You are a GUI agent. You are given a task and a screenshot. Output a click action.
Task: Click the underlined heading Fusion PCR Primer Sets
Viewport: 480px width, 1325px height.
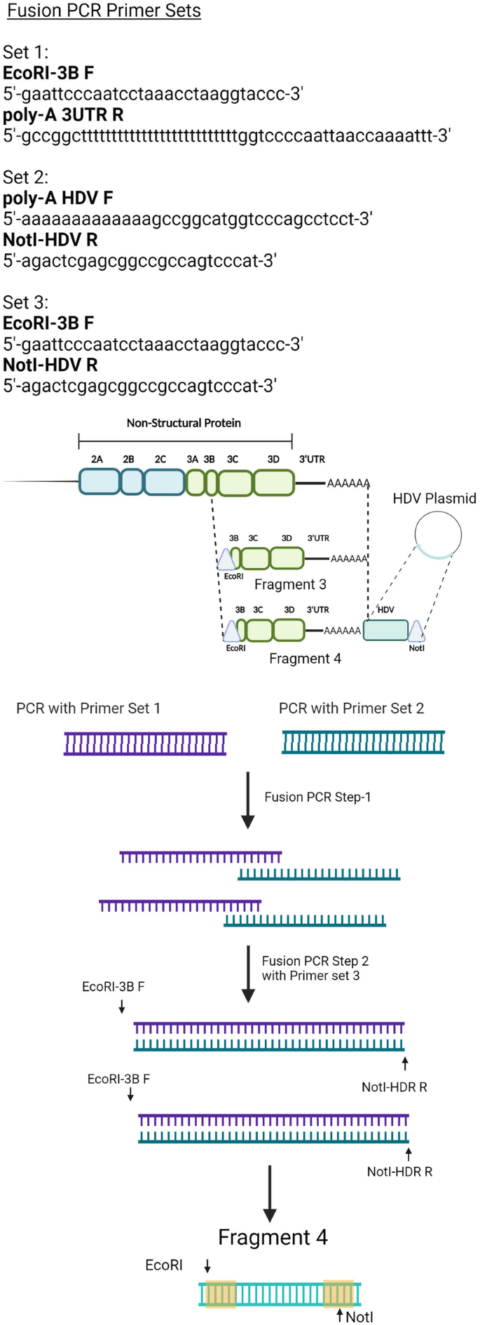(104, 11)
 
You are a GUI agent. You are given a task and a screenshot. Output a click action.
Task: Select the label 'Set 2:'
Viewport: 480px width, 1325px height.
(25, 177)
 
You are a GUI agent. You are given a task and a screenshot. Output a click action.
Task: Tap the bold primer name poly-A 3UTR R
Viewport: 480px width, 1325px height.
(63, 115)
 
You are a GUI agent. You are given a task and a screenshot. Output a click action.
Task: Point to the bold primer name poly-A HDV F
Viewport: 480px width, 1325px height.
(57, 199)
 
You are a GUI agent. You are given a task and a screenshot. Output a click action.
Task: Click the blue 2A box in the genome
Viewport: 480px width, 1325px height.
(99, 482)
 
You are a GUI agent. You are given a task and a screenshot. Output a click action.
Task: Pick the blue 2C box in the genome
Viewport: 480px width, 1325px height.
(165, 482)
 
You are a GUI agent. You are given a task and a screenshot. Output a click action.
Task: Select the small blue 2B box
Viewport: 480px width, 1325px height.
(131, 482)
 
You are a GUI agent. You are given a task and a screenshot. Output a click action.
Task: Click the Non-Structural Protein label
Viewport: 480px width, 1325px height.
(184, 423)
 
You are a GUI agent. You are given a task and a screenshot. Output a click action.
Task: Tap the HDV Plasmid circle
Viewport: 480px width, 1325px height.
(438, 534)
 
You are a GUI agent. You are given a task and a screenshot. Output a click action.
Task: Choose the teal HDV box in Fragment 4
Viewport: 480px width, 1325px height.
(385, 630)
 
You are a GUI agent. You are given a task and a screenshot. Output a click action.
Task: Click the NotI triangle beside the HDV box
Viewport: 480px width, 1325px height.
(416, 631)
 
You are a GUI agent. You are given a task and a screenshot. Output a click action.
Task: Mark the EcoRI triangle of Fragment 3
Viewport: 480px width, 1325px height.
(226, 560)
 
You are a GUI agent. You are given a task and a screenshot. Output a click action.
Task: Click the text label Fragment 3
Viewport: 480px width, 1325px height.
(290, 584)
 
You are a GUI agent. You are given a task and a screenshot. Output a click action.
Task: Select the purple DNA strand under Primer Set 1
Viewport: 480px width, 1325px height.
(145, 744)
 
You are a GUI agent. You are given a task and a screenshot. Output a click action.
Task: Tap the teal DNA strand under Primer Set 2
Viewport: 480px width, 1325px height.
(363, 742)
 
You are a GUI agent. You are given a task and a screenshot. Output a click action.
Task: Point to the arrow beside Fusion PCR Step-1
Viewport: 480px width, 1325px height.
(247, 800)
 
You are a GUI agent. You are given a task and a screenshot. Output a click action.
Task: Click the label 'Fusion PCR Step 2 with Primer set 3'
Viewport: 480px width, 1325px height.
(315, 968)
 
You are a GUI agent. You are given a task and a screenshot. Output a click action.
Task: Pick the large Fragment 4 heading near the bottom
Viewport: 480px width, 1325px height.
(273, 1237)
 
